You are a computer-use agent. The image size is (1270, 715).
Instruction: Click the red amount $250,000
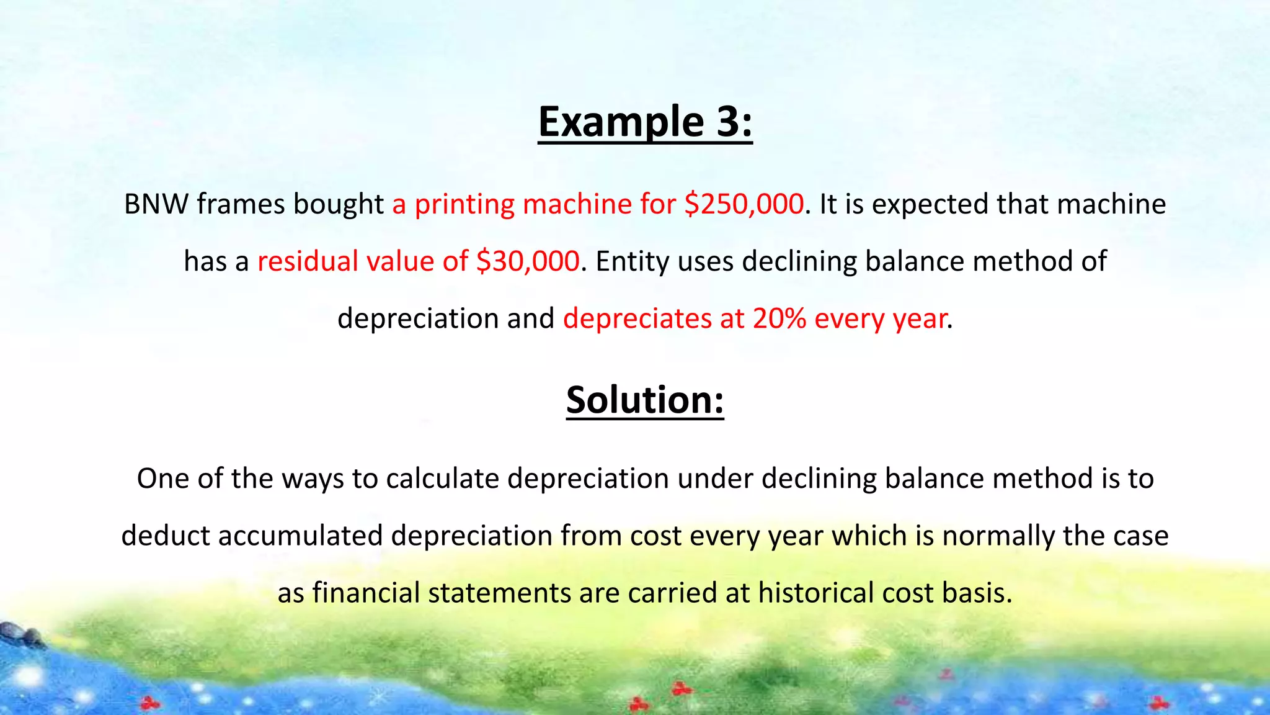click(744, 204)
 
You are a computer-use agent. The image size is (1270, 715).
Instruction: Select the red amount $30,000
click(528, 261)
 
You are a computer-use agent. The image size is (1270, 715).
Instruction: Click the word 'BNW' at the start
click(156, 204)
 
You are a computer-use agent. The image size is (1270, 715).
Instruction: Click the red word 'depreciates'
click(637, 319)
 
